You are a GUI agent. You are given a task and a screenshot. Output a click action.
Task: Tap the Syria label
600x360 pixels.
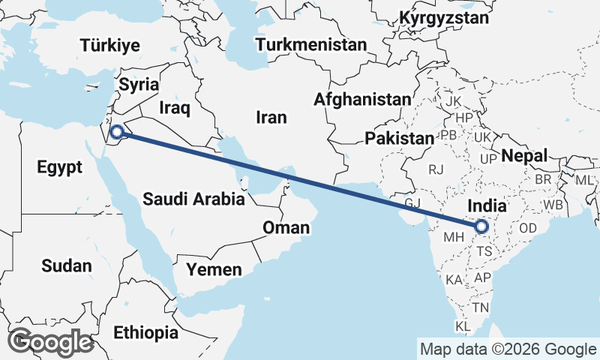click(139, 85)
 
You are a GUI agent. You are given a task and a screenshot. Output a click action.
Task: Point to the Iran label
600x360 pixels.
click(271, 117)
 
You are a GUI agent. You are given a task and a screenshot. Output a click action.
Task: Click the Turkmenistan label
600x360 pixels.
click(310, 45)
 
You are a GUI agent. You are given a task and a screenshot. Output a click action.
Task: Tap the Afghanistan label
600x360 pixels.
click(363, 99)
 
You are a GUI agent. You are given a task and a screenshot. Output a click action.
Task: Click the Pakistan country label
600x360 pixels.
click(400, 138)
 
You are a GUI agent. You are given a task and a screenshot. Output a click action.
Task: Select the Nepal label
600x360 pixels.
click(524, 156)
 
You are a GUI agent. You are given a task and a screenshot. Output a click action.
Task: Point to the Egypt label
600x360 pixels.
click(59, 167)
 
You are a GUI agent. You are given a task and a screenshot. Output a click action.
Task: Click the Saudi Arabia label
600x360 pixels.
click(193, 199)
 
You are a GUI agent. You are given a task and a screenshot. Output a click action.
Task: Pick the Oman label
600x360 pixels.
click(286, 227)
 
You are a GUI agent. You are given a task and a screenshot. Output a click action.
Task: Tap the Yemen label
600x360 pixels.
click(214, 269)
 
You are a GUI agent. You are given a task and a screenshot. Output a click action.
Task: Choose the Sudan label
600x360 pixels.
click(67, 265)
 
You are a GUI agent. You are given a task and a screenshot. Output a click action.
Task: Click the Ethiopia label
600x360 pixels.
click(146, 331)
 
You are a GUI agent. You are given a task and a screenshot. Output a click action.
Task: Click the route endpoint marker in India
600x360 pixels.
click(480, 226)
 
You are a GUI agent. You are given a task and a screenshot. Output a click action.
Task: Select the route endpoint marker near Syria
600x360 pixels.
click(117, 133)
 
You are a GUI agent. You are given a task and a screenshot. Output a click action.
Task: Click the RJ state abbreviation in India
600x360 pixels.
click(436, 169)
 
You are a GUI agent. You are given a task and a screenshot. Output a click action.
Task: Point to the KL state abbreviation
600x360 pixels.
click(463, 326)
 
